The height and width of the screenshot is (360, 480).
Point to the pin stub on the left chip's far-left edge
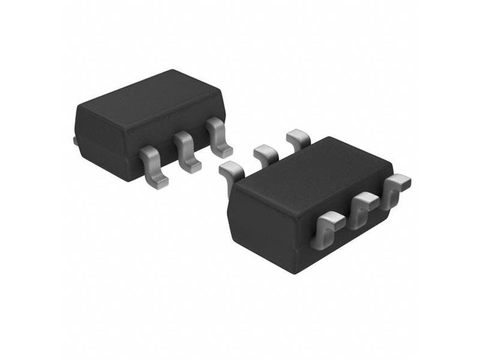pos(75,140)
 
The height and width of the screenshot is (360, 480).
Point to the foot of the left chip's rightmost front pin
pos(224,150)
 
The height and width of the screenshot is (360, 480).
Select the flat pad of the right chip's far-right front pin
pos(401,179)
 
